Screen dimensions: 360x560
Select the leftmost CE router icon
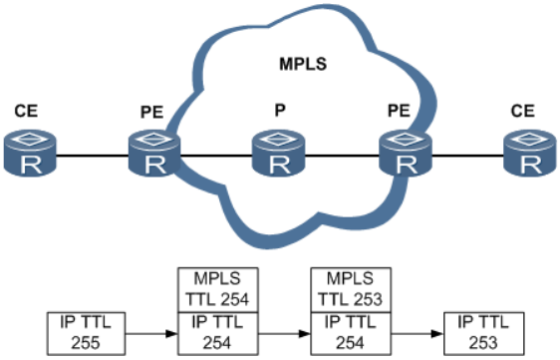pyautogui.click(x=32, y=155)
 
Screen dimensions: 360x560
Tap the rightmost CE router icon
pyautogui.click(x=526, y=155)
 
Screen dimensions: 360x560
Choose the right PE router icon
pyautogui.click(x=405, y=155)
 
